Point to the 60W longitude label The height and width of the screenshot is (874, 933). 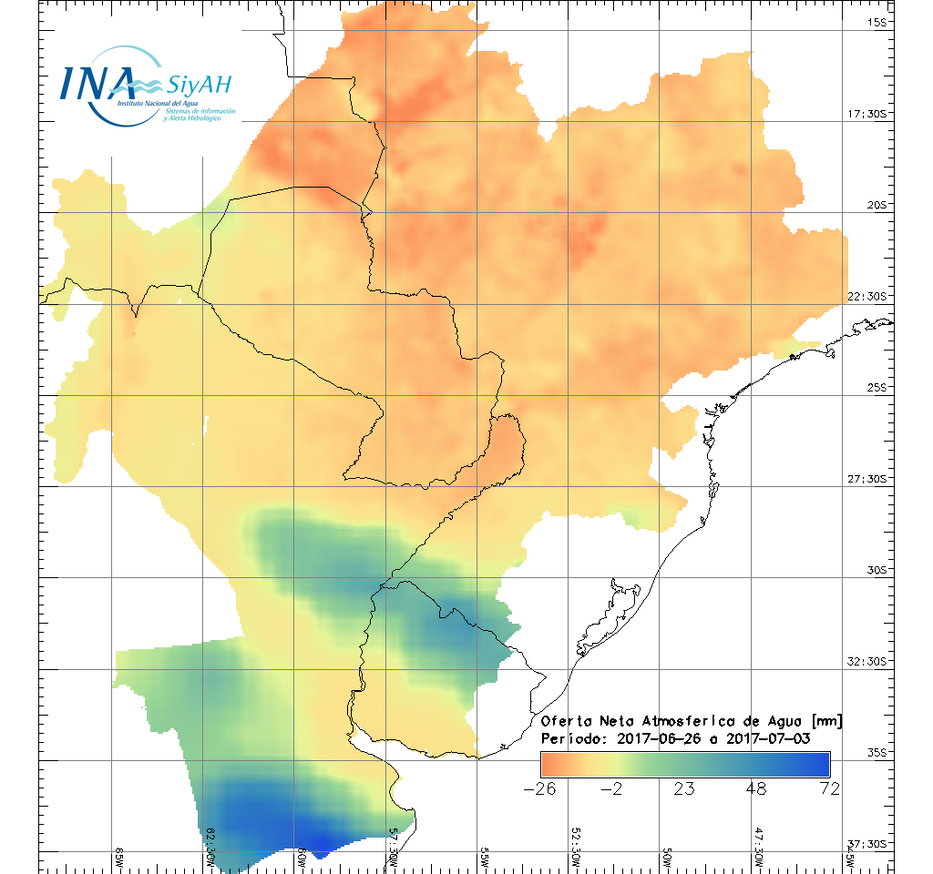coord(302,856)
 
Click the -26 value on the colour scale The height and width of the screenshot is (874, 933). coord(540,788)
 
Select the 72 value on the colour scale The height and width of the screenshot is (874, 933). coord(829,788)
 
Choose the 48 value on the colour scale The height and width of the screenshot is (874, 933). coord(755,788)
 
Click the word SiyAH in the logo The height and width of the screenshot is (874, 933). coord(200,86)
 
